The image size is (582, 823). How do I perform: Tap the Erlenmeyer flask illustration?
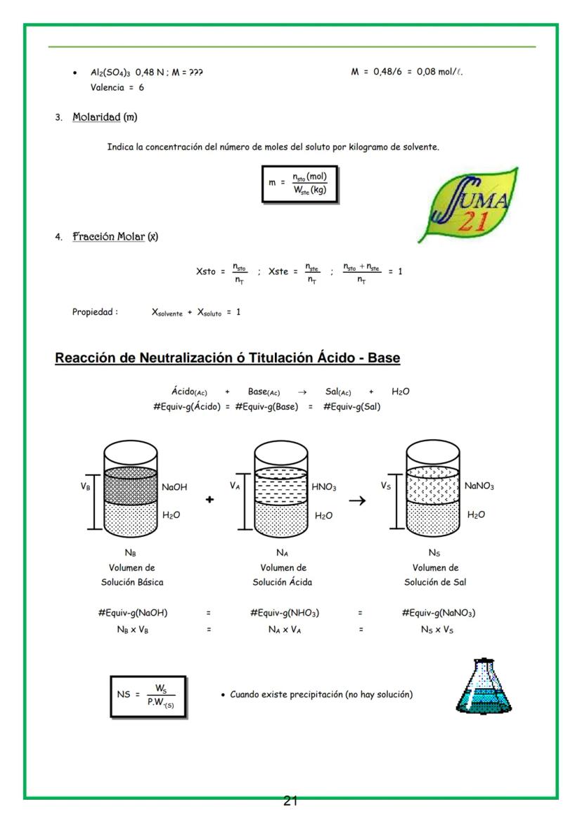click(x=479, y=687)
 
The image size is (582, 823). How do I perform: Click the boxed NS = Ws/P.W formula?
click(x=148, y=695)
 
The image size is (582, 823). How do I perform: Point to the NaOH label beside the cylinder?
click(x=174, y=486)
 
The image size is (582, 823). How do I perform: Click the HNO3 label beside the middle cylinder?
click(x=324, y=486)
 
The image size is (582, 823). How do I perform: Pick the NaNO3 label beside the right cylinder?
click(x=479, y=486)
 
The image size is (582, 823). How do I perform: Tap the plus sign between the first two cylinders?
click(x=209, y=499)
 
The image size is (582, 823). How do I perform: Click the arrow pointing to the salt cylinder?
click(x=358, y=500)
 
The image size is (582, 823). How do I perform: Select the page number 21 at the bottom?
click(x=291, y=801)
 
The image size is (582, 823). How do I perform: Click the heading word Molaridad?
click(x=96, y=117)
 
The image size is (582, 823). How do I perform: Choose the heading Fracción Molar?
click(x=108, y=237)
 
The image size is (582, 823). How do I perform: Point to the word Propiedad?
click(x=95, y=312)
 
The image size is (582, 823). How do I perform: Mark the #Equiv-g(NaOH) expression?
click(x=133, y=613)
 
